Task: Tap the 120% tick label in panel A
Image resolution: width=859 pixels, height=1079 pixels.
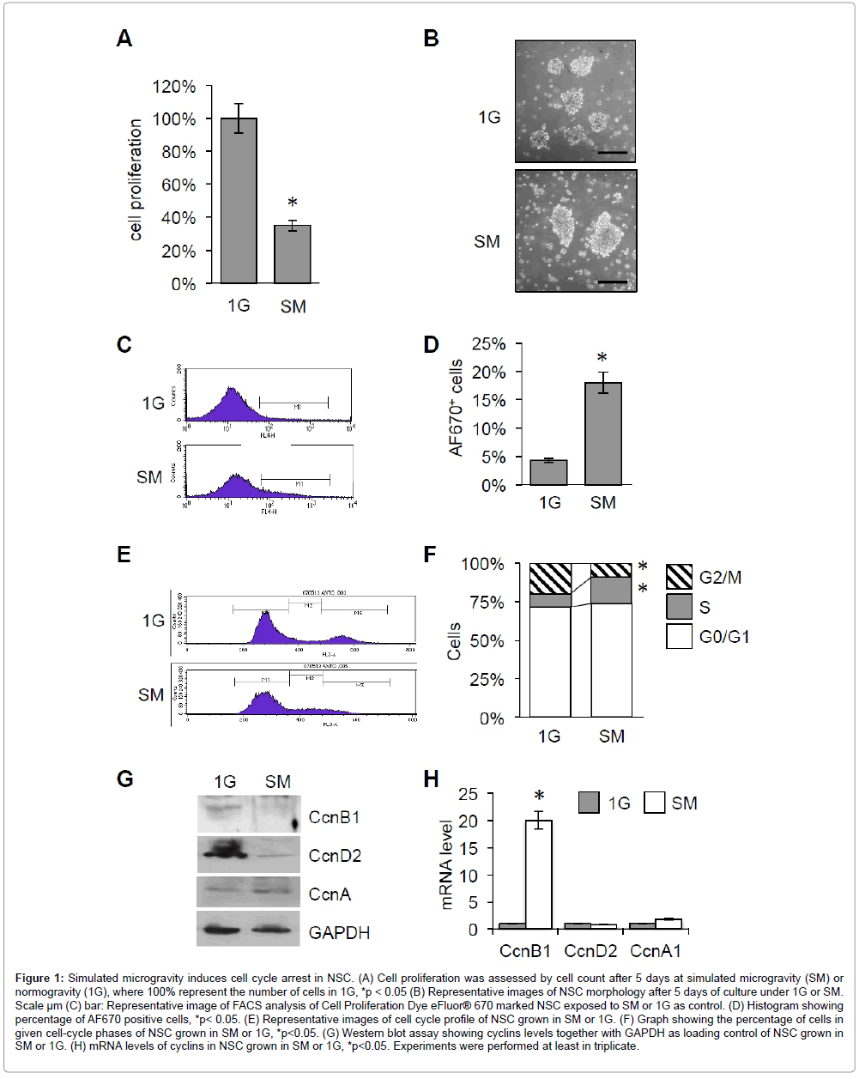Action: pos(174,87)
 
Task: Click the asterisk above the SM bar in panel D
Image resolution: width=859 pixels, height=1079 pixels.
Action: pos(602,357)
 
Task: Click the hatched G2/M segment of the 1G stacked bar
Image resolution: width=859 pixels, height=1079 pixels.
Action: pos(550,579)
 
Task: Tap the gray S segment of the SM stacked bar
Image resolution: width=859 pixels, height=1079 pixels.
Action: pos(611,590)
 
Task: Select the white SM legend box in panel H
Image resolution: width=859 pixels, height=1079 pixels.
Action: pos(655,803)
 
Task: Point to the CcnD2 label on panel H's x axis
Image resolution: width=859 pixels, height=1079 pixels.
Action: pos(590,950)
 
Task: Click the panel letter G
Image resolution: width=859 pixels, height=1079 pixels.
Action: pos(125,779)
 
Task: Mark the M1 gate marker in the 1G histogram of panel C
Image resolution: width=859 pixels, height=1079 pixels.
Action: pos(294,402)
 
